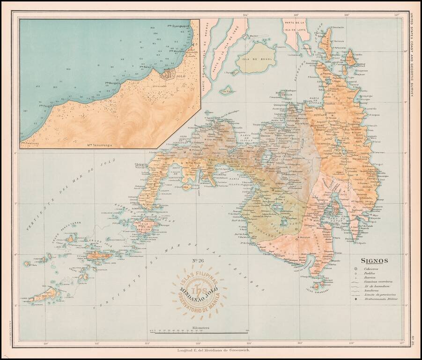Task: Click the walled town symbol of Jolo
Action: [168, 74]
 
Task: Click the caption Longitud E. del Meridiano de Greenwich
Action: [210, 351]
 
